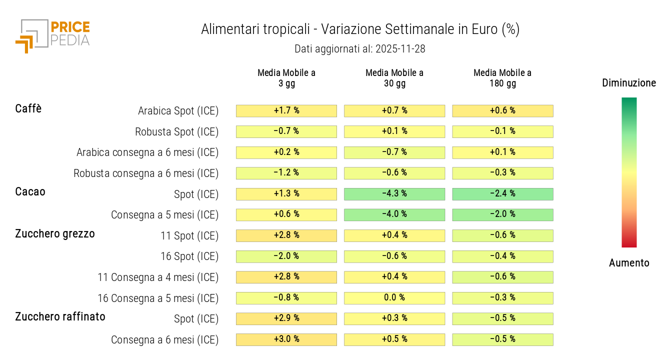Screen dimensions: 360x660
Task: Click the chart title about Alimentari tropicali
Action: point(360,29)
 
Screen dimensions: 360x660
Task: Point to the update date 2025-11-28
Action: point(359,49)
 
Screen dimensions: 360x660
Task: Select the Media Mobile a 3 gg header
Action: point(286,78)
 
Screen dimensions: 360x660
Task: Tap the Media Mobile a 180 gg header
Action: point(502,78)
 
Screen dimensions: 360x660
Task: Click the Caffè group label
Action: point(28,108)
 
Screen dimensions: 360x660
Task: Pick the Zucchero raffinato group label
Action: point(60,316)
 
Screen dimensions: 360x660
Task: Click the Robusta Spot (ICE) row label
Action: point(176,132)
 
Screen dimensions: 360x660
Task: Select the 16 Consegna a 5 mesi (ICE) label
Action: point(158,298)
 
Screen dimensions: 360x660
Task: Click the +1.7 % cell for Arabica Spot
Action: point(286,111)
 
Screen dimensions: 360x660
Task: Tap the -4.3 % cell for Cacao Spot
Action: point(394,194)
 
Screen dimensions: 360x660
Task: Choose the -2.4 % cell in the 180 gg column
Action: point(502,194)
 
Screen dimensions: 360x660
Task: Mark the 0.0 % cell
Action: point(394,298)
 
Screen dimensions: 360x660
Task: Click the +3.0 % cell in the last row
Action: point(286,339)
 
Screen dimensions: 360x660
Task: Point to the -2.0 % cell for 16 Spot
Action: point(286,256)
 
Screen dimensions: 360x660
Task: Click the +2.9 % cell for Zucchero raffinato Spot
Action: point(286,318)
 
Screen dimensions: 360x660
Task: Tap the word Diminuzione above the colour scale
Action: point(629,83)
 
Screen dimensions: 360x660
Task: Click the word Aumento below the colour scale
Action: point(629,263)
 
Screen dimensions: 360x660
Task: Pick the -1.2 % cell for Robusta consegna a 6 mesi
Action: point(286,173)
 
